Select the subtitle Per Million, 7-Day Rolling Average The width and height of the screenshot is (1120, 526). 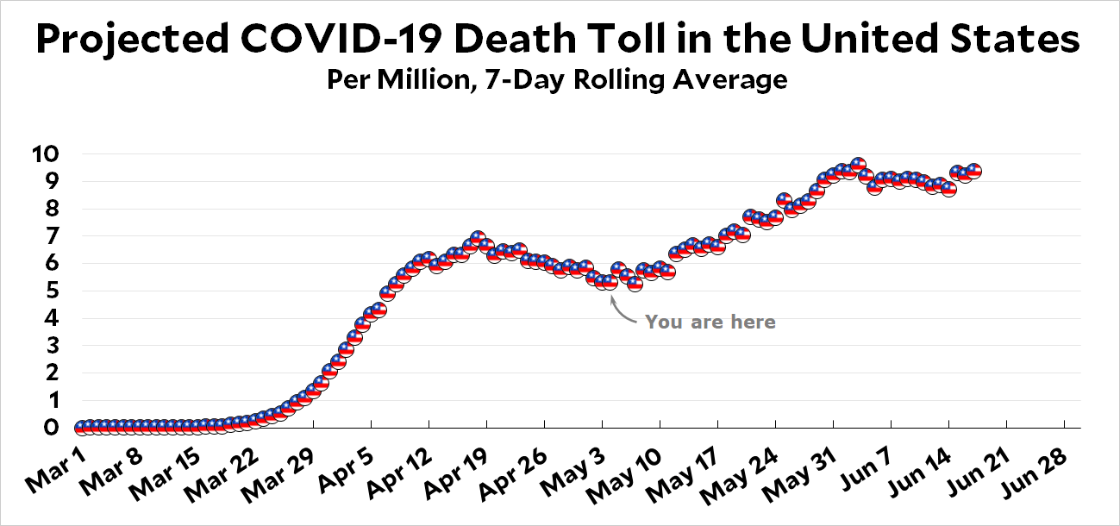pyautogui.click(x=557, y=80)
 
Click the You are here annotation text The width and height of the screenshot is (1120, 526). pyautogui.click(x=710, y=322)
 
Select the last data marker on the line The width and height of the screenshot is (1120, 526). pyautogui.click(x=973, y=172)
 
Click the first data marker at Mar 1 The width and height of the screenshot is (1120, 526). pyautogui.click(x=81, y=428)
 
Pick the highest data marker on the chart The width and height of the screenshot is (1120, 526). pyautogui.click(x=857, y=165)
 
